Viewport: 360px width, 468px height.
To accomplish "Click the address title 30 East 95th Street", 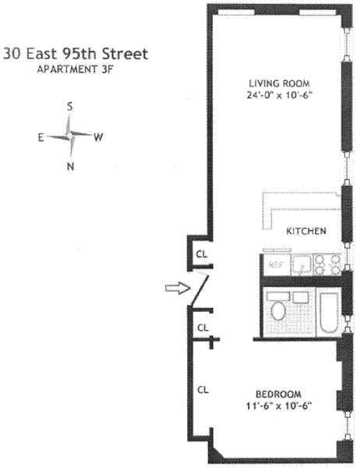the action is coord(76,54).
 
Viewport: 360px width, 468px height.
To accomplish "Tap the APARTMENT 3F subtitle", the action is coord(75,69).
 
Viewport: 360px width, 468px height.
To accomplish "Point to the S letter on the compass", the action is coord(69,106).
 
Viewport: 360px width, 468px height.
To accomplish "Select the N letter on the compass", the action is coord(70,166).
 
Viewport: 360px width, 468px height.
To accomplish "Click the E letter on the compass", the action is coord(41,137).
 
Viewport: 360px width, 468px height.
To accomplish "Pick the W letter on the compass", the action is coord(98,137).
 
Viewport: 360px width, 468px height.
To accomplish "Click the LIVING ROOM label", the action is coord(279,83).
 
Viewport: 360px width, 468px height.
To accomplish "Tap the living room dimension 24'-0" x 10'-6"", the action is coord(279,95).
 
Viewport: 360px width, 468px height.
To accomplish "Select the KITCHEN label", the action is coord(306,231).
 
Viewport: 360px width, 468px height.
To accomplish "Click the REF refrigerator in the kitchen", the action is coord(276,264).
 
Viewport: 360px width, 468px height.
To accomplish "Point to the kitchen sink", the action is coord(302,264).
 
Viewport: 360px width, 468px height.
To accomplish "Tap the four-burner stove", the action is coord(328,264).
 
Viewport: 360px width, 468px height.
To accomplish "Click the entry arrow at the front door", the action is coord(178,288).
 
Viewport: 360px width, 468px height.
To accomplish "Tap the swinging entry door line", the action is coord(199,291).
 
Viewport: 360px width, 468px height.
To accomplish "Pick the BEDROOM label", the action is coord(279,394).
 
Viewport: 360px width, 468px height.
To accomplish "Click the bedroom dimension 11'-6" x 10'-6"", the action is coord(279,406).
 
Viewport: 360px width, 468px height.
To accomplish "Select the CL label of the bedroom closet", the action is coord(203,390).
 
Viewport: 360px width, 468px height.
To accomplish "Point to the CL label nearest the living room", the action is coord(201,254).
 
